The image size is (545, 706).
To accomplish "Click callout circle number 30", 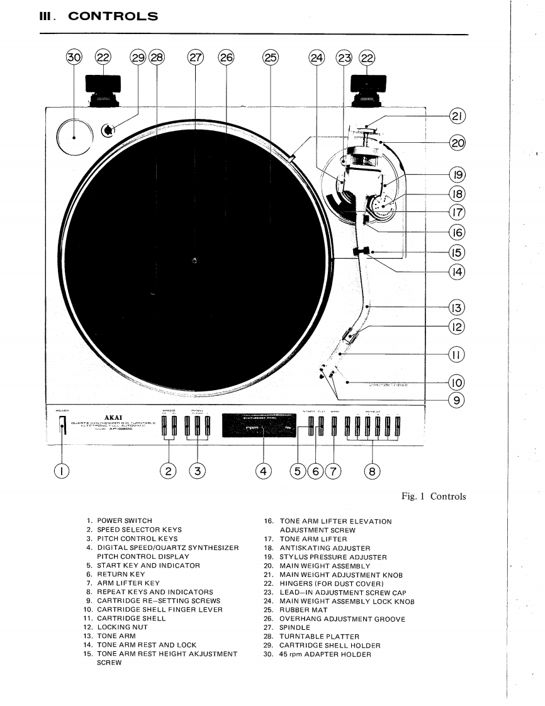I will pyautogui.click(x=74, y=58).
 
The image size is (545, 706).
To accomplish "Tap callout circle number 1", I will pyautogui.click(x=62, y=470).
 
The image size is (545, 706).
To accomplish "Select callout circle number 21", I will pyautogui.click(x=457, y=116).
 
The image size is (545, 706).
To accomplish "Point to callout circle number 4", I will pyautogui.click(x=264, y=470).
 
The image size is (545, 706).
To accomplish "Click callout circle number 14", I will pyautogui.click(x=457, y=272).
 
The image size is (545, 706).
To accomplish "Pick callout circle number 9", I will pyautogui.click(x=457, y=400).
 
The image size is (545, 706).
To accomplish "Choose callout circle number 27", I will pyautogui.click(x=196, y=58).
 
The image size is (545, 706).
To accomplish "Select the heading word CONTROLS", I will pyautogui.click(x=113, y=16).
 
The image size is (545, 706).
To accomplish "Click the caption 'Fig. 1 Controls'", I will pyautogui.click(x=434, y=496).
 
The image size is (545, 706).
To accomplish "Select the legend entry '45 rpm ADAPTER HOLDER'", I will pyautogui.click(x=325, y=654).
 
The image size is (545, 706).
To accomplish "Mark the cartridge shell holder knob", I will pyautogui.click(x=108, y=130).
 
